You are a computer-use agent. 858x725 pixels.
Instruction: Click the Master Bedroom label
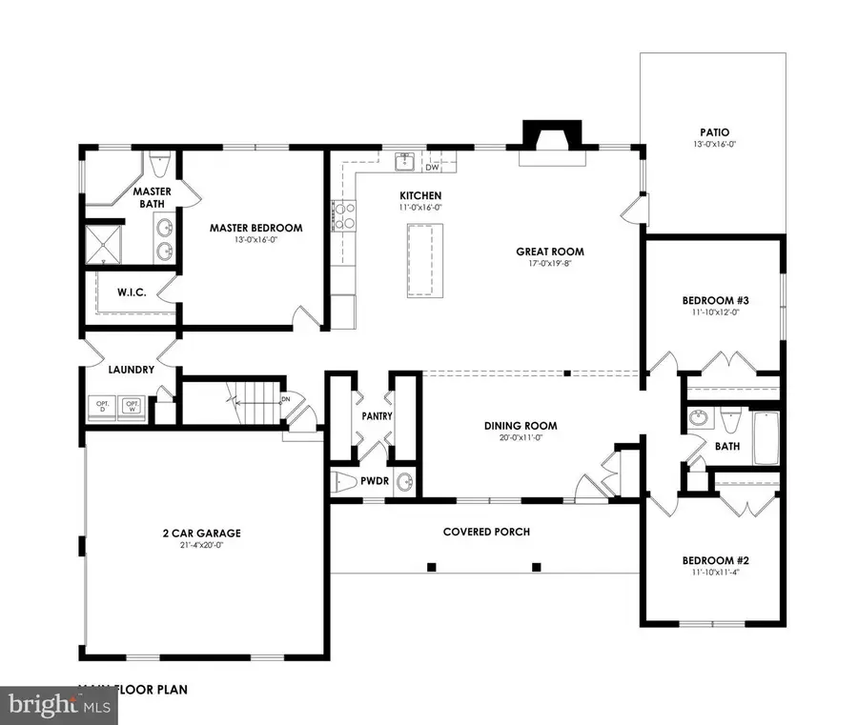tap(255, 228)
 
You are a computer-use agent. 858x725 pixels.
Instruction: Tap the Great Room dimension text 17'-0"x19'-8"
tap(549, 267)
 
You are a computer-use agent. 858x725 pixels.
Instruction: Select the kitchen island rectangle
tap(424, 261)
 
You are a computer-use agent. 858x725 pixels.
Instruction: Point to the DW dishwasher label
tap(432, 168)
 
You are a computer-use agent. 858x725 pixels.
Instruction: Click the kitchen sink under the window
tap(404, 160)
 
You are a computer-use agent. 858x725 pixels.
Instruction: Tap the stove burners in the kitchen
tap(342, 215)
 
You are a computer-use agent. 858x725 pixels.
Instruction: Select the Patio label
tap(712, 132)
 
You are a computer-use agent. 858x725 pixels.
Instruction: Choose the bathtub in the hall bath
tap(766, 438)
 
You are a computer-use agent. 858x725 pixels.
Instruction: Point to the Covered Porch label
tap(486, 532)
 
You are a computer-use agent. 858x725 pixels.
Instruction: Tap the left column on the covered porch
tap(432, 567)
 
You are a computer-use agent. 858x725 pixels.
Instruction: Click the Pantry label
tap(378, 416)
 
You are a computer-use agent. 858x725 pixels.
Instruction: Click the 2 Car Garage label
tap(200, 533)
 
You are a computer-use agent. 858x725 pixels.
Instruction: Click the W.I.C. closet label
tap(132, 292)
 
